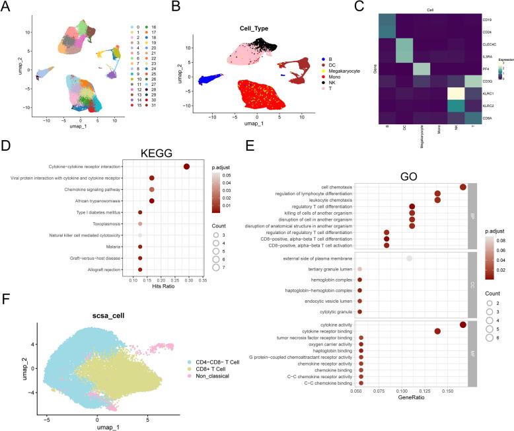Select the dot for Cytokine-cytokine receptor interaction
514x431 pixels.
tap(187, 167)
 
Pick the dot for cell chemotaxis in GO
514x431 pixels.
tap(462, 187)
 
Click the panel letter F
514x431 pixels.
tap(6, 316)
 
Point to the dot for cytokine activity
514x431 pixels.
tap(462, 324)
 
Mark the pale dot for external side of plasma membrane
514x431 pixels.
tap(410, 258)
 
